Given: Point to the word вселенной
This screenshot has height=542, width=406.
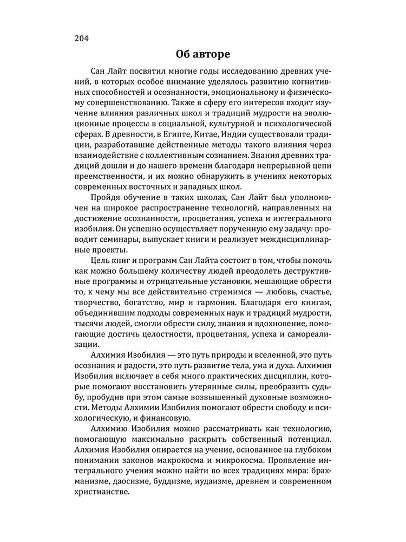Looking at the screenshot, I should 279,357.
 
